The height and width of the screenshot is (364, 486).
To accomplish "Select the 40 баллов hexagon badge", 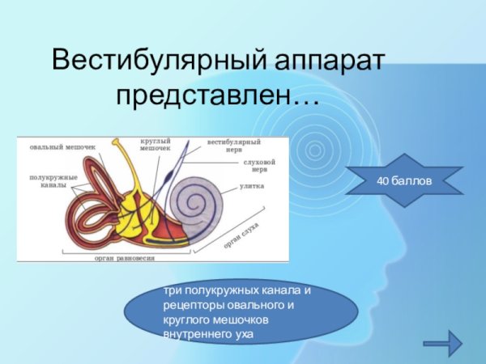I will pos(403,180).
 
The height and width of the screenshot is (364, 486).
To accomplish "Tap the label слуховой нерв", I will pos(259,166).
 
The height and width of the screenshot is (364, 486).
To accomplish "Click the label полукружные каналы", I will pos(53,180).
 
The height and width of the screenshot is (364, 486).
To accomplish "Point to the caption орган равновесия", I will pos(124,258).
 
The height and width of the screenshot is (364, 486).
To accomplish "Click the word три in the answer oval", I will pos(172,290).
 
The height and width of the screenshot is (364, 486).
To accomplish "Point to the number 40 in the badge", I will pos(382,180).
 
